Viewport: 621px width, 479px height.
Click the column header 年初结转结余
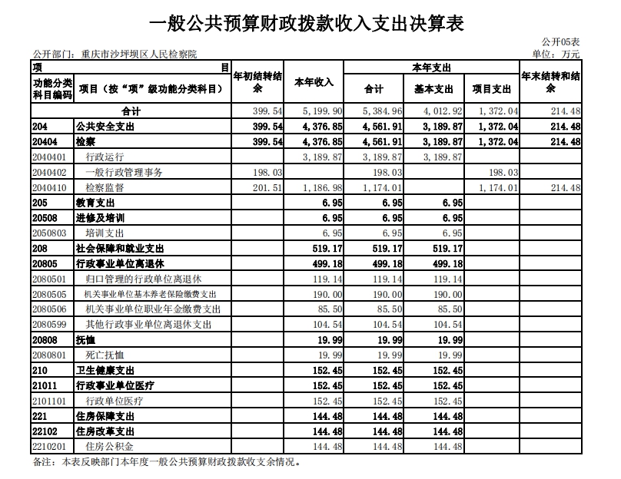257,83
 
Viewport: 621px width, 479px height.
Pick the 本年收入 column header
314,83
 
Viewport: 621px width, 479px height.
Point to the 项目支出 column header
494,90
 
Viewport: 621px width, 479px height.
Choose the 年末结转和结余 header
550,83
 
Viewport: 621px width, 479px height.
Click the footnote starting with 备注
166,463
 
